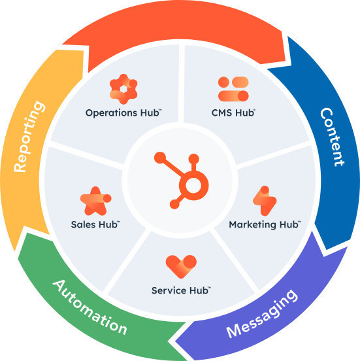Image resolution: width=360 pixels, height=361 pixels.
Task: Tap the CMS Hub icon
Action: (234, 89)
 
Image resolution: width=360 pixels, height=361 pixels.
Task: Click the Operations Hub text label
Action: (123, 112)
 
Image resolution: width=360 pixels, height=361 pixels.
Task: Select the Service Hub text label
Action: (180, 290)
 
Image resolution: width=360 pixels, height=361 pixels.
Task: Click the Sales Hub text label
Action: (95, 224)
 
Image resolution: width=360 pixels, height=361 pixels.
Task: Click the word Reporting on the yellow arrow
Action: (30, 137)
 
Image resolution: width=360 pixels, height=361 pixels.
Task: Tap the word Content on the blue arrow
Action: (332, 137)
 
